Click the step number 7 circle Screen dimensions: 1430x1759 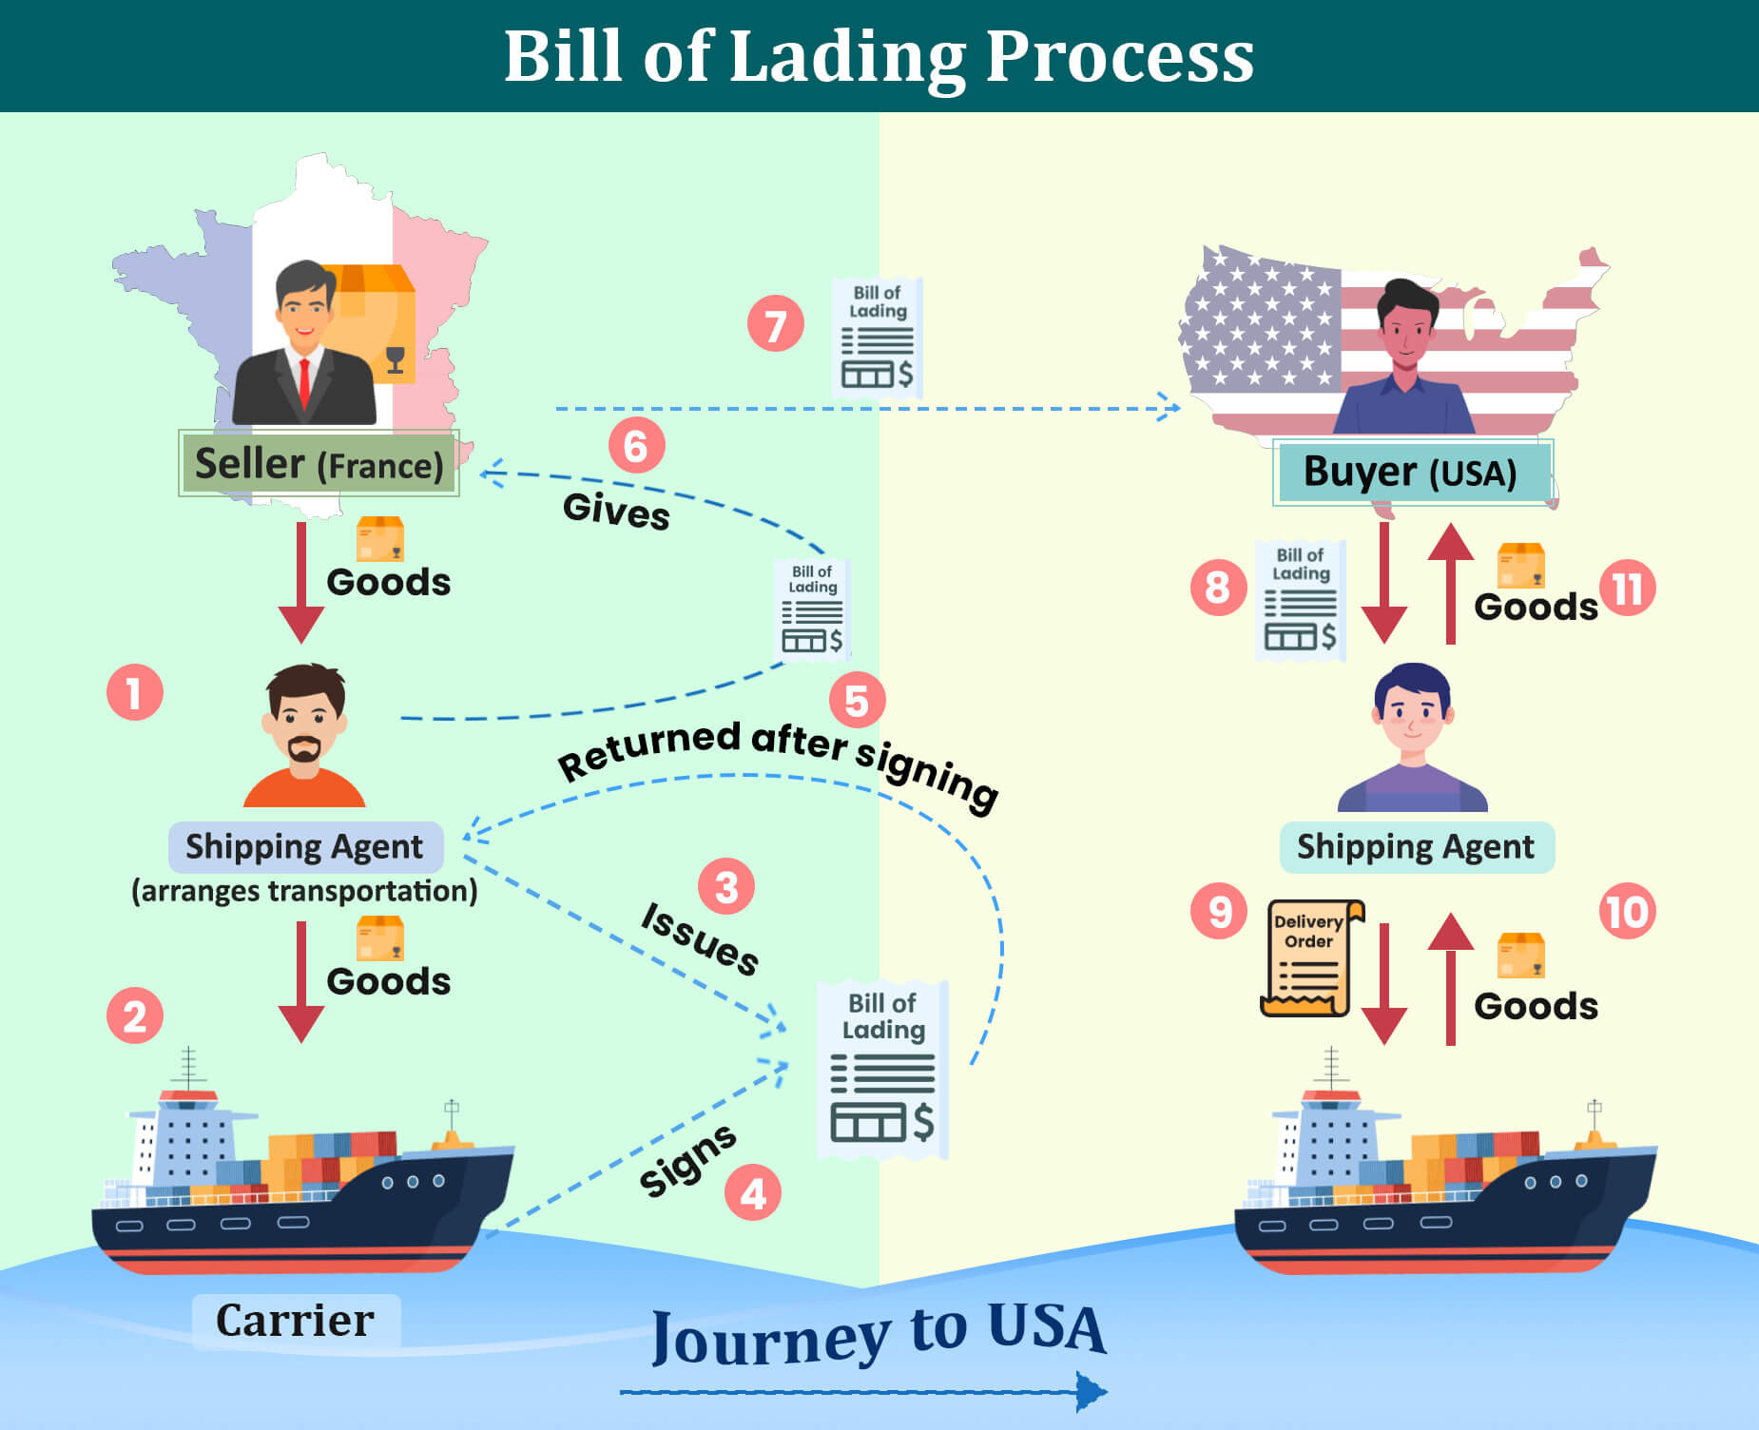tap(776, 324)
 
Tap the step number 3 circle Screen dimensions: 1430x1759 tap(726, 887)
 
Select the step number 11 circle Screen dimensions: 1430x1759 tap(1628, 589)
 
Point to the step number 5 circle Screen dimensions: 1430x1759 tap(857, 701)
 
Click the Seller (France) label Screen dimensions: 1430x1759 tap(319, 464)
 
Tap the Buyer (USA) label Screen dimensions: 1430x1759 tap(1411, 472)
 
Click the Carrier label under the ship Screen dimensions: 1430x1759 tap(296, 1320)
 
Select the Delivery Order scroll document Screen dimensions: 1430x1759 tap(1310, 958)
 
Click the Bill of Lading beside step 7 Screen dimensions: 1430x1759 tap(877, 337)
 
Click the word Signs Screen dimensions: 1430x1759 tap(686, 1160)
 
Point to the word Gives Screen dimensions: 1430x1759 tap(616, 511)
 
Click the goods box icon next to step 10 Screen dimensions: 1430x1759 tap(1520, 956)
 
